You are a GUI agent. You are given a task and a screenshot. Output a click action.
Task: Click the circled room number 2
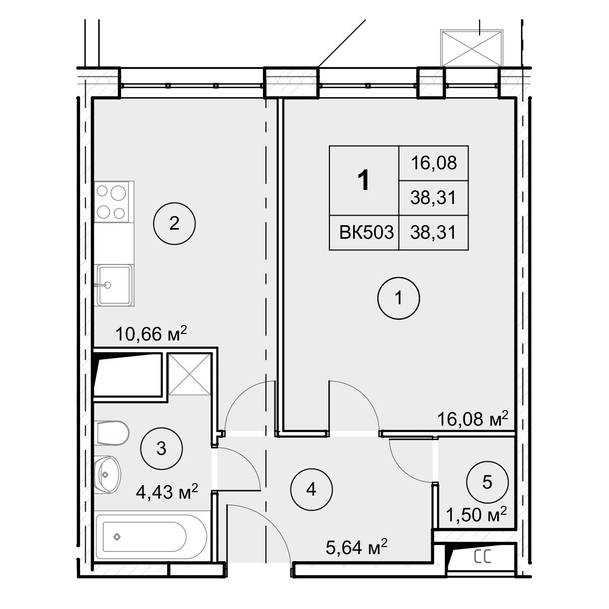[x=174, y=224]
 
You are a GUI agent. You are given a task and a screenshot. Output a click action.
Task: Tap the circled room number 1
[x=398, y=298]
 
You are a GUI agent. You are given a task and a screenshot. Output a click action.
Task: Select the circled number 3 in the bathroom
[x=162, y=448]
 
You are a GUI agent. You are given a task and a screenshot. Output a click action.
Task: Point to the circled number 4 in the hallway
[x=311, y=490]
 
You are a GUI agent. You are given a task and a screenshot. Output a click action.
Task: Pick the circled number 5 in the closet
[x=487, y=482]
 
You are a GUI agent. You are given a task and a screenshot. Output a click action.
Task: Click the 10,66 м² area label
[x=152, y=334]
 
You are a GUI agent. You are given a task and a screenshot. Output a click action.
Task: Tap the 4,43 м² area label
[x=167, y=492]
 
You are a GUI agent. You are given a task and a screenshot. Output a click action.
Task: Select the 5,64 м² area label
[x=357, y=548]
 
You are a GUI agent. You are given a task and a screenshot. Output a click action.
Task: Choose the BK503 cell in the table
[x=367, y=233]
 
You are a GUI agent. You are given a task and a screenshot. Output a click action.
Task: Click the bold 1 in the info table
[x=364, y=180]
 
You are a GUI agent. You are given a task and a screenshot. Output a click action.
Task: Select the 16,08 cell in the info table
[x=434, y=163]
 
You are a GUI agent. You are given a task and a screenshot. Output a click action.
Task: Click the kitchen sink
[x=114, y=285]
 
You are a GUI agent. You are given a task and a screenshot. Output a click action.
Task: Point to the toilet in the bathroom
[x=111, y=433]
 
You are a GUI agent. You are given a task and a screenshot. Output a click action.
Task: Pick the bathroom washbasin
[x=107, y=474]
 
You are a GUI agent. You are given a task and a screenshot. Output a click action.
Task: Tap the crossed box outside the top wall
[x=471, y=48]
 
